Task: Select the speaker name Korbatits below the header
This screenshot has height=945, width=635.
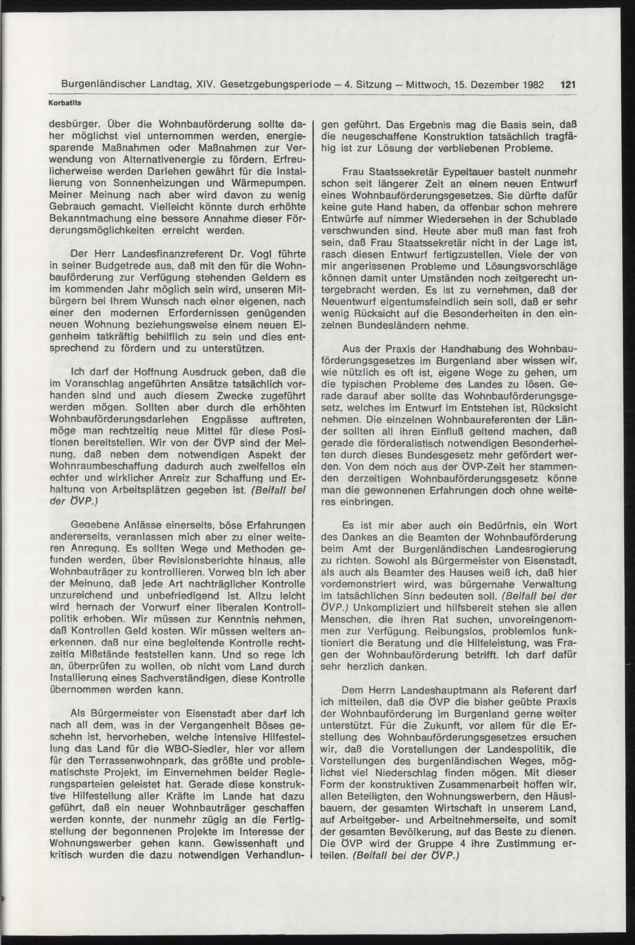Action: [65, 103]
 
